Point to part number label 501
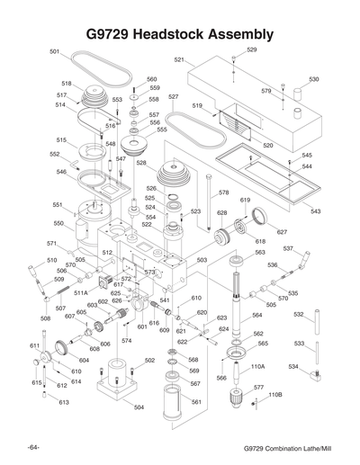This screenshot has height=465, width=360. [54, 52]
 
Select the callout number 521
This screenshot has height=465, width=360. [179, 59]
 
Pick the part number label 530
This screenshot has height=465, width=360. [313, 79]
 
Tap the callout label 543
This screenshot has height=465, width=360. [315, 211]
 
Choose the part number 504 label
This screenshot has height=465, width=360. [138, 408]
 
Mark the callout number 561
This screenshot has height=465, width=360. [196, 403]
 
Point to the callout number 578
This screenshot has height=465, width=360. [223, 192]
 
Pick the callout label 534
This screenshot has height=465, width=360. [293, 367]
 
